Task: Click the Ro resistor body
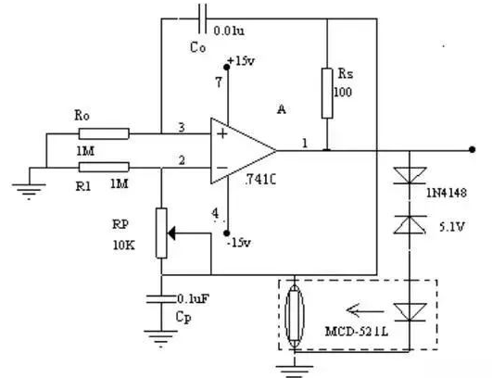[104, 133]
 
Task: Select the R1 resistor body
[104, 167]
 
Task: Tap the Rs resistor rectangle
[327, 94]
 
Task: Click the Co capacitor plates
[202, 19]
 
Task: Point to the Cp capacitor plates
[161, 299]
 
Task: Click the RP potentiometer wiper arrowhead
[172, 233]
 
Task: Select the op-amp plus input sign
[222, 134]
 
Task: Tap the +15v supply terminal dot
[226, 67]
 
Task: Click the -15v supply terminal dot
[226, 233]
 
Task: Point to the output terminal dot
[472, 150]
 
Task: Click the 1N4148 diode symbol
[410, 175]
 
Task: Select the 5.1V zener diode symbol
[410, 224]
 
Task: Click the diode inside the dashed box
[410, 312]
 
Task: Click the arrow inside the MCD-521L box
[365, 311]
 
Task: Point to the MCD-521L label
[357, 332]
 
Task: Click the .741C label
[260, 180]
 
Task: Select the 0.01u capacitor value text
[229, 31]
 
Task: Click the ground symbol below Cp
[160, 338]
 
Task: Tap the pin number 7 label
[219, 82]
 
